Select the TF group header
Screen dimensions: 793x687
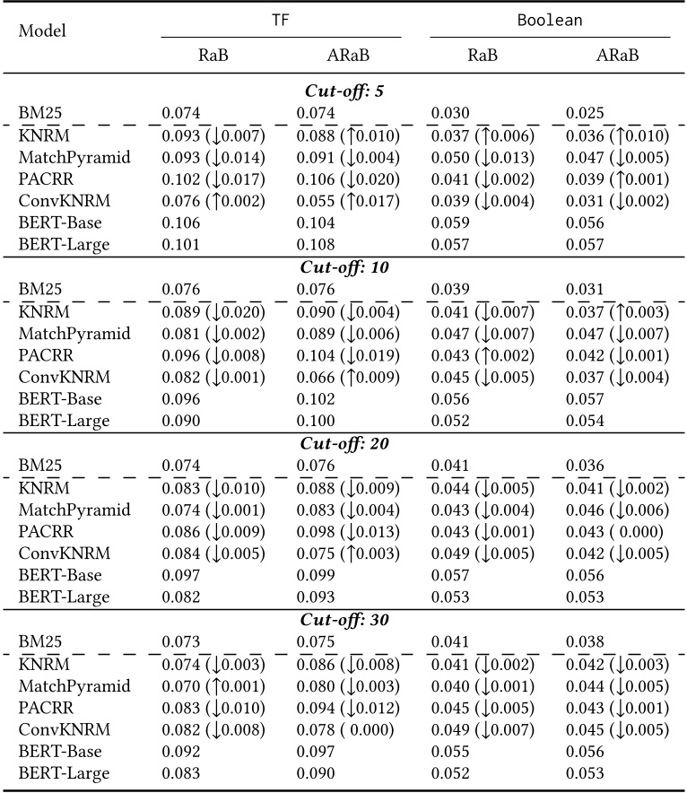[281, 18]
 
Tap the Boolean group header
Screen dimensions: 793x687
[550, 18]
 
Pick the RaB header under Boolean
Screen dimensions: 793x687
[483, 55]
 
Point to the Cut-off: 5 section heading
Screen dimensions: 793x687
[343, 91]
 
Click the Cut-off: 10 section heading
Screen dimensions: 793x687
[343, 267]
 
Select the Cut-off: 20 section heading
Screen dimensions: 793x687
[343, 443]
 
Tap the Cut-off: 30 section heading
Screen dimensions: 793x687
[343, 620]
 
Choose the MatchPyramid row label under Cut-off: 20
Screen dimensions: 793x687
[74, 510]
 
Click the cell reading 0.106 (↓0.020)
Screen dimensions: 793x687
[348, 179]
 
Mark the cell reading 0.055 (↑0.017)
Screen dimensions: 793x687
[348, 201]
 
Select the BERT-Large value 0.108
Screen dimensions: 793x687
[316, 245]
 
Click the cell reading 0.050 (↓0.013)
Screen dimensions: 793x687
[483, 158]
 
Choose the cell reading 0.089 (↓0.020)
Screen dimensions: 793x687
[213, 311]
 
